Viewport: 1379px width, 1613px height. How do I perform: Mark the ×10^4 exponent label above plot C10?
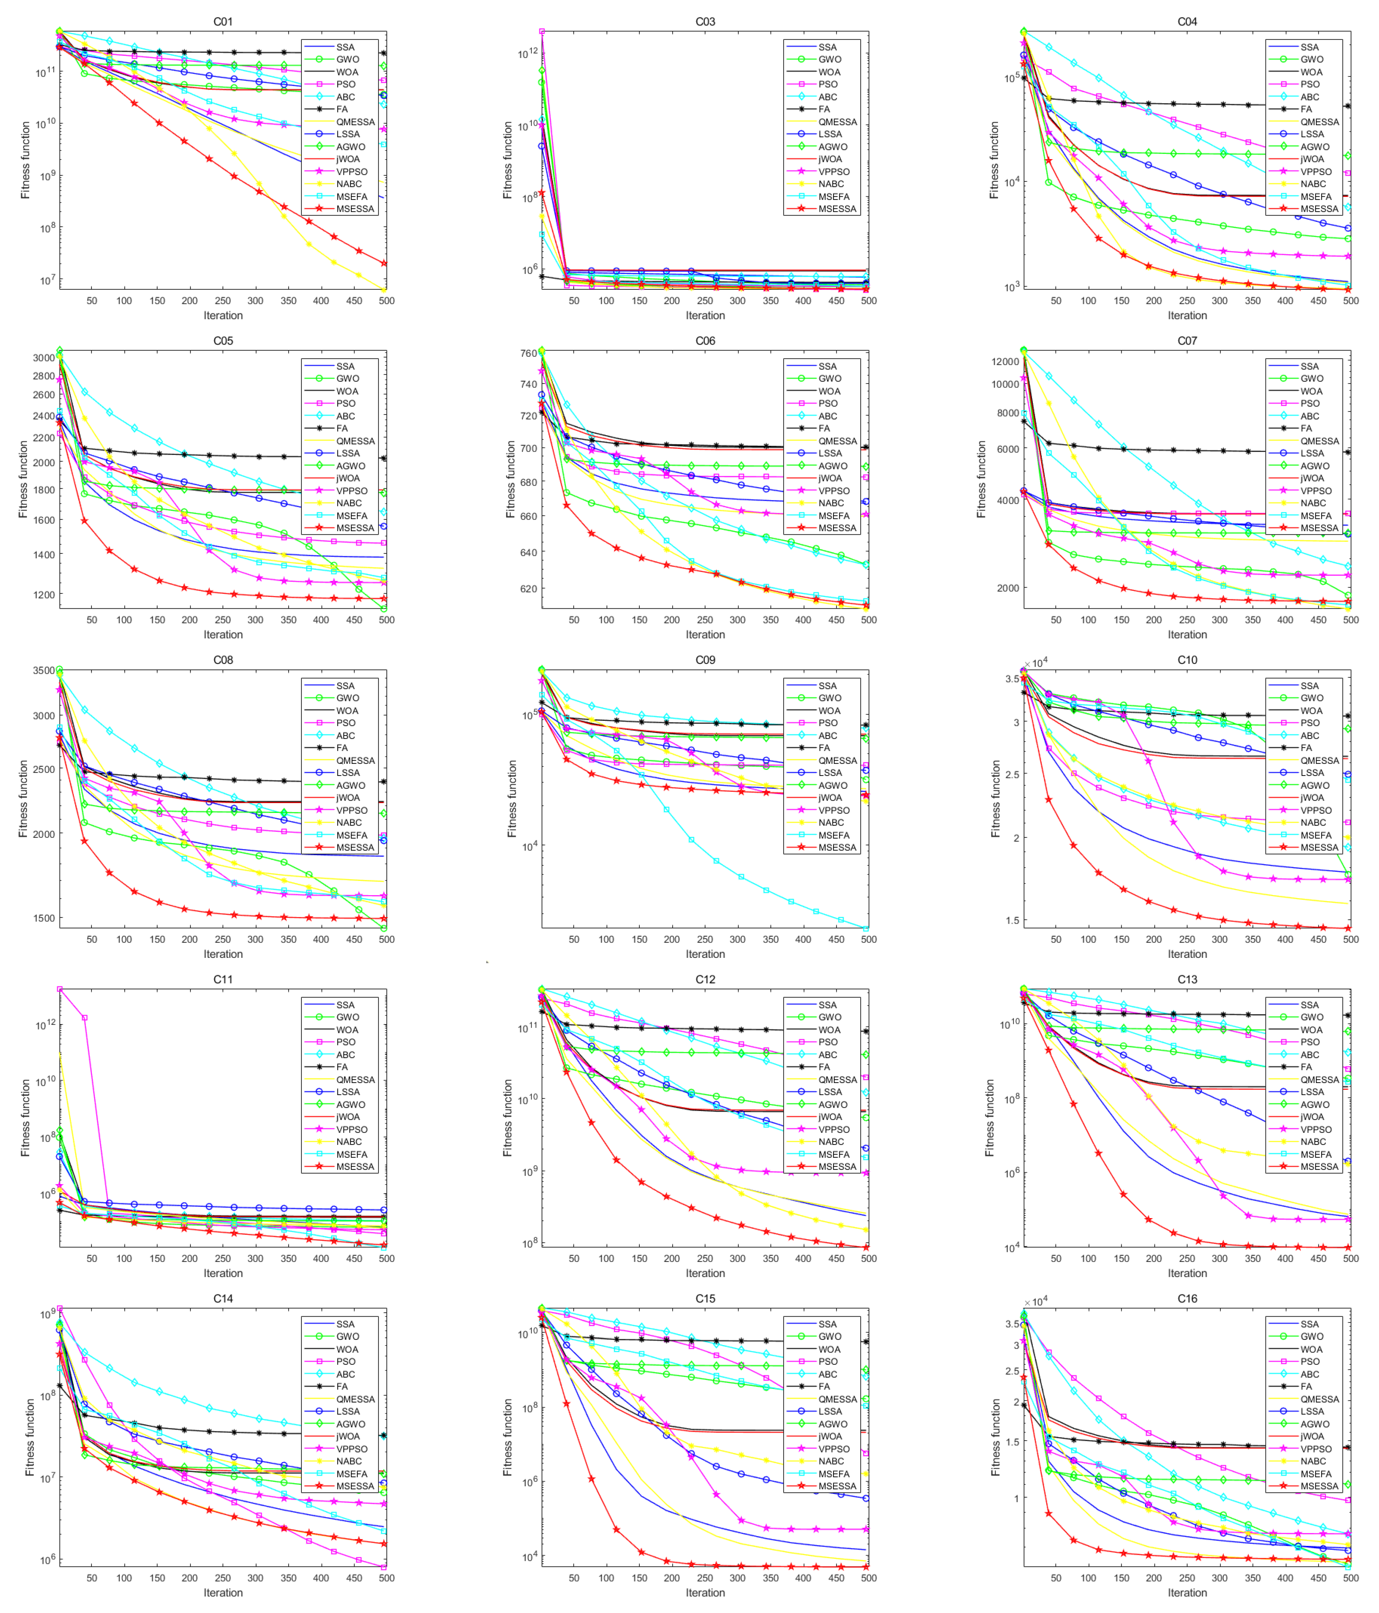point(1036,663)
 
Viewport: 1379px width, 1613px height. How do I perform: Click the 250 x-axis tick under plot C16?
point(1187,1578)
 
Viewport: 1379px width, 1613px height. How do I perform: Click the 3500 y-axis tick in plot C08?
point(43,670)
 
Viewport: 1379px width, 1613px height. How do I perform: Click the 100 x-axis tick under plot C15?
point(606,1578)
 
